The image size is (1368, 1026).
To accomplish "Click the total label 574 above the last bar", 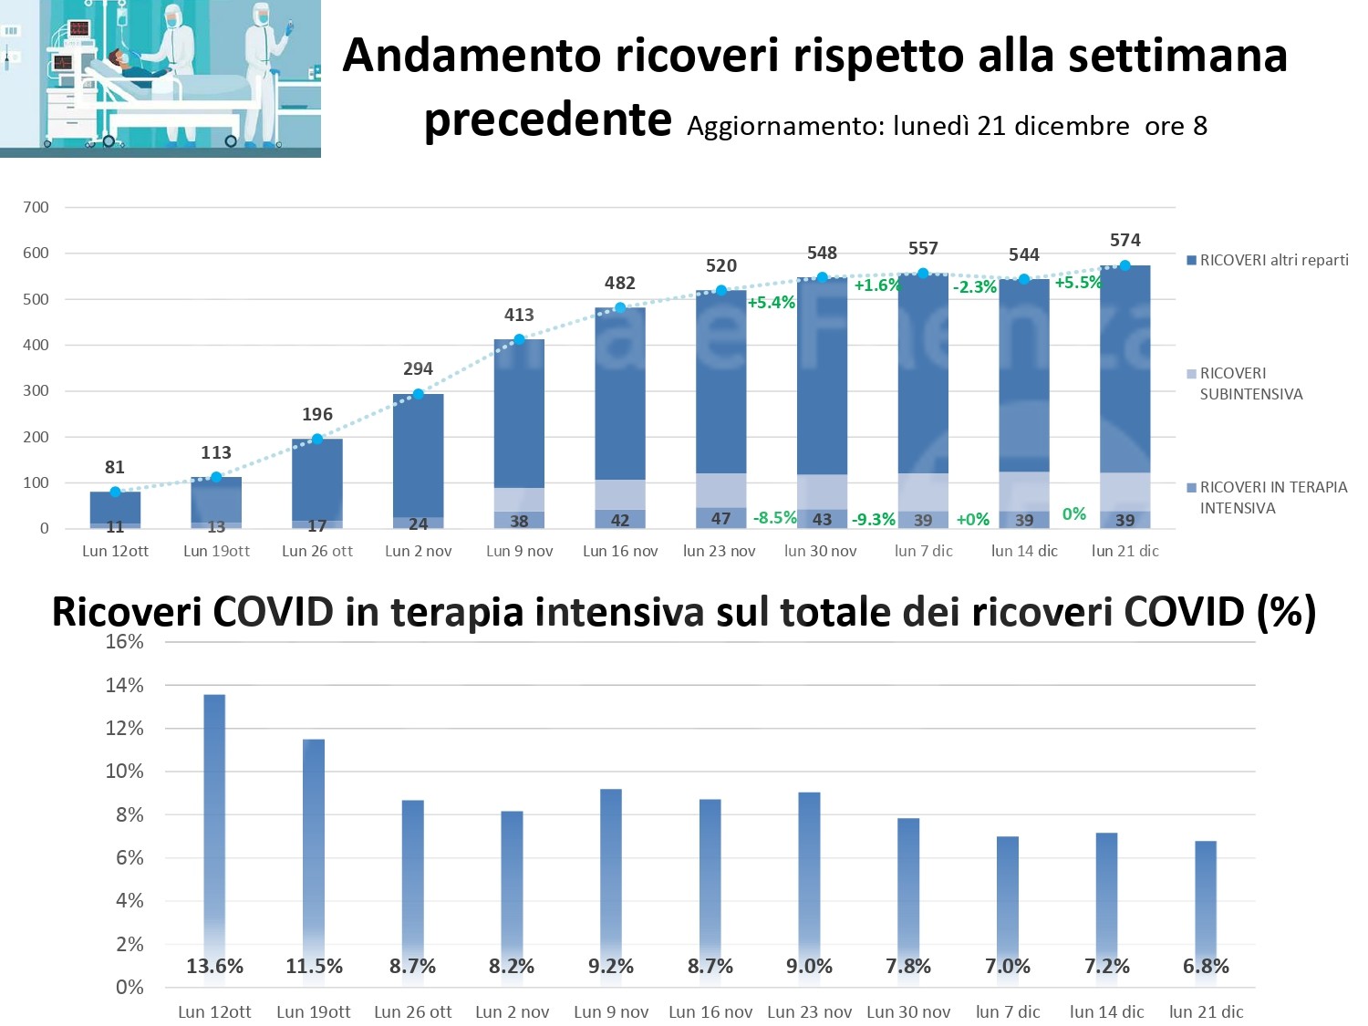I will (1124, 240).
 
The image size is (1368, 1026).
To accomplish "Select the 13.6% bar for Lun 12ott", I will (214, 821).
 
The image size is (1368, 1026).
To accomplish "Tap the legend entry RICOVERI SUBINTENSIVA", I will (1250, 384).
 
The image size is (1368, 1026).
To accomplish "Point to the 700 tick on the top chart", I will (36, 207).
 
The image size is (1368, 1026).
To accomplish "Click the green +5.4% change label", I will (771, 303).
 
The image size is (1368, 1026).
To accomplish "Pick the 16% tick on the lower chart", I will (125, 641).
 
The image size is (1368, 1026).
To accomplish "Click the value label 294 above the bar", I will (418, 368).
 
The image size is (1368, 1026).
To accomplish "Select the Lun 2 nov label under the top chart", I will (418, 551).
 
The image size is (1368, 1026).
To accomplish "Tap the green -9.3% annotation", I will (873, 520).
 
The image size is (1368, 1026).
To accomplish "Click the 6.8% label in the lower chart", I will (1206, 967).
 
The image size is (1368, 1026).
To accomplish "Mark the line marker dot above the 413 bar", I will (519, 340).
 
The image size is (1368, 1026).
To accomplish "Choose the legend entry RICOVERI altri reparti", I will (1273, 260).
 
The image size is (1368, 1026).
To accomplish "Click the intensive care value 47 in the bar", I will (720, 518).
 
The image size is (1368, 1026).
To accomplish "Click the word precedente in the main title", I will (548, 119).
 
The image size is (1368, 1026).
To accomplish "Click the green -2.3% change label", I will (974, 287).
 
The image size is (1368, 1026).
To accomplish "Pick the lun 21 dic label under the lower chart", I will (1206, 1011).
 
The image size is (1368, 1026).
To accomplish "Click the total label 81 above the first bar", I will (115, 467).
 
